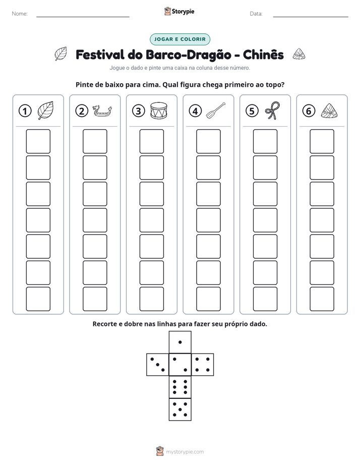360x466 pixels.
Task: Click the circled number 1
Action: coord(25,111)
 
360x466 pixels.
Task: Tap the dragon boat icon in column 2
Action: coord(102,111)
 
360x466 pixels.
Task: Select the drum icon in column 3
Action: coord(159,111)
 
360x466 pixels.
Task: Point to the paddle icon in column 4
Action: coord(216,111)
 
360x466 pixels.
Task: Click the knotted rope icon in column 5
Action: coord(273,110)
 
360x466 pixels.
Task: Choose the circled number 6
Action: coord(309,111)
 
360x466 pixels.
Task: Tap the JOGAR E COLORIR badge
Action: coord(180,39)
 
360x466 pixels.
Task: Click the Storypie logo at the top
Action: coord(179,11)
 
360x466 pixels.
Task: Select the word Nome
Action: coord(20,14)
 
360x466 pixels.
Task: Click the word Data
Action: coord(256,14)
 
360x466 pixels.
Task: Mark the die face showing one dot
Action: coord(180,342)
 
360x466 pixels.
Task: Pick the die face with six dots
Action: coord(180,387)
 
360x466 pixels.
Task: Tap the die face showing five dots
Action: coord(180,410)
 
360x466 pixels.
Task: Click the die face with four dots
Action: coord(203,365)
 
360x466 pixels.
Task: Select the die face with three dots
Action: coord(158,365)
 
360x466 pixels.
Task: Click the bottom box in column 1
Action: coord(38,299)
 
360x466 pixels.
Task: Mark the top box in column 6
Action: coord(322,141)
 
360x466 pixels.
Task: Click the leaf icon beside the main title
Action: coord(61,54)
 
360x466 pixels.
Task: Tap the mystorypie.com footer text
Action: coord(185,452)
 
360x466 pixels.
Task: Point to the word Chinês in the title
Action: coord(263,54)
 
